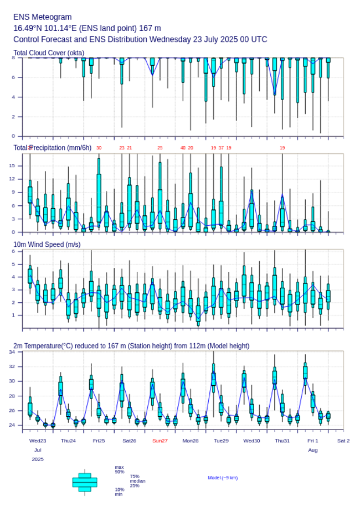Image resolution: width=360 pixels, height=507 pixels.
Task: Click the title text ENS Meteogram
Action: coord(43,17)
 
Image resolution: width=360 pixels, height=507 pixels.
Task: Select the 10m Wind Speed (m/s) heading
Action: coord(47,244)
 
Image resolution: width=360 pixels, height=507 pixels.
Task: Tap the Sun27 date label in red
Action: coord(160,441)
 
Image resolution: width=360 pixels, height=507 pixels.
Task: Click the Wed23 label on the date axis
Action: coord(38,441)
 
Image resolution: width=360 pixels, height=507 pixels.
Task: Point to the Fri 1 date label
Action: coord(313,441)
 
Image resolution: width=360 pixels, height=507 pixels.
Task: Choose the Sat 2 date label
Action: coord(343,441)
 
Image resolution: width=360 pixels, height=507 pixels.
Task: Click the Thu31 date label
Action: coord(282,441)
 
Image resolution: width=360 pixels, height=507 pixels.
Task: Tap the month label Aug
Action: coord(313,450)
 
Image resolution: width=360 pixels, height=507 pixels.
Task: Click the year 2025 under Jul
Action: coord(38,459)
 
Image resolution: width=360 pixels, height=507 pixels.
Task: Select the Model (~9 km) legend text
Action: coord(223,478)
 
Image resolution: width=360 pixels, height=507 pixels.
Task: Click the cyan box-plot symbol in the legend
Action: coord(84,482)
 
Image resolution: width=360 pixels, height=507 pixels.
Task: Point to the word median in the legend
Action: coord(137,481)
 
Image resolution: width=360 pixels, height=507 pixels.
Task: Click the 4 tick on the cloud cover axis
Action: coord(13,97)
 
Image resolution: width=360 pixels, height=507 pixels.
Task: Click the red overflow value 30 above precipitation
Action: coord(99,148)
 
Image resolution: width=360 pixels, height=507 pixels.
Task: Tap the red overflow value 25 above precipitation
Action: coord(160,148)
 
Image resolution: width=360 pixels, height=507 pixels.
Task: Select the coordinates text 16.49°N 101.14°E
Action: coord(50,28)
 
